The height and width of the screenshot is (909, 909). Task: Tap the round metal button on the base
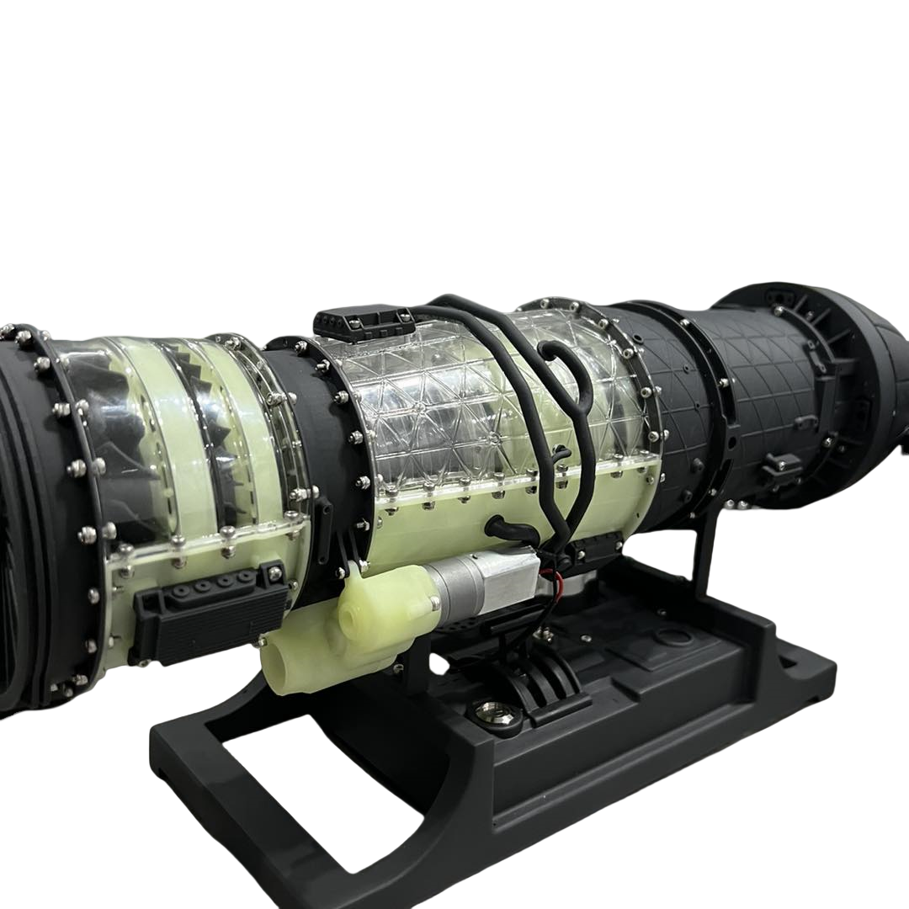486,712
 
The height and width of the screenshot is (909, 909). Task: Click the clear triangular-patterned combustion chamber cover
471,404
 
